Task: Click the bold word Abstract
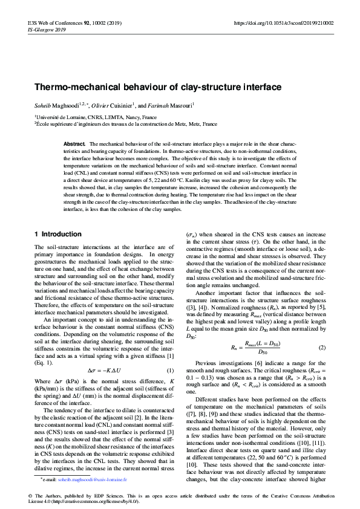74,144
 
